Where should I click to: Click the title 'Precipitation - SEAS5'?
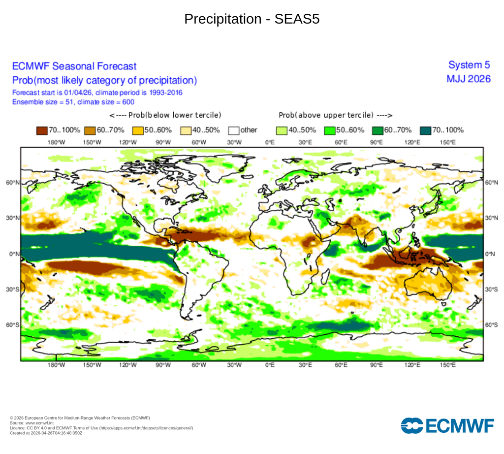pos(252,19)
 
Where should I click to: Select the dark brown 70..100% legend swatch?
pos(42,130)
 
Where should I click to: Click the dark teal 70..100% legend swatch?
pos(426,130)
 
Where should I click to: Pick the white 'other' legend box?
pos(234,130)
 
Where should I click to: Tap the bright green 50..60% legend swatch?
pos(329,130)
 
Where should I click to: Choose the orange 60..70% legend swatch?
pos(90,130)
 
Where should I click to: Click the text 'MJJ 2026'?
pos(468,79)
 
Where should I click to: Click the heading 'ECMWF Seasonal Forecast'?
pos(74,66)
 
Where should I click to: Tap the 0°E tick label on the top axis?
pos(270,142)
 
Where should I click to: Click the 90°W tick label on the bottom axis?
pos(163,365)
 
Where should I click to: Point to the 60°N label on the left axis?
pos(12,183)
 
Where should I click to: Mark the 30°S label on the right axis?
pos(492,290)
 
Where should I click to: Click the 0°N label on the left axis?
pos(14,254)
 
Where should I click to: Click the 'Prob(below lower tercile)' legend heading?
pos(165,115)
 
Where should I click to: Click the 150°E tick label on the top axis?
pos(447,142)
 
